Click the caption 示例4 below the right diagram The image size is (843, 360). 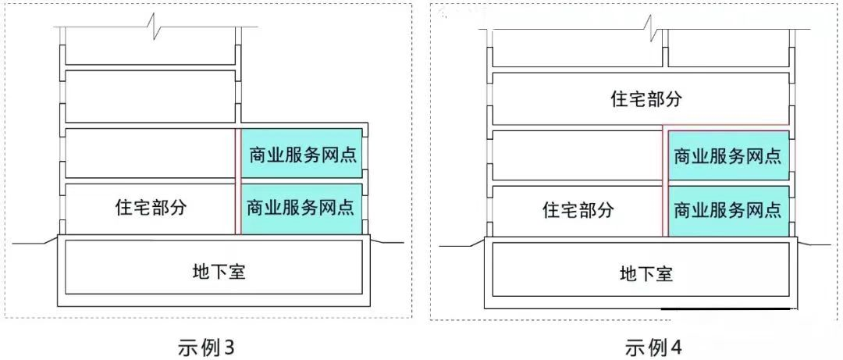[653, 347]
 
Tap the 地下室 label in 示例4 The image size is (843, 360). [646, 273]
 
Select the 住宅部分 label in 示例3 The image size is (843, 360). [151, 208]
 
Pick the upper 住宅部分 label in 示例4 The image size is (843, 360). [646, 98]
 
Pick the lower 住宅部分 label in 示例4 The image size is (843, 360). [578, 209]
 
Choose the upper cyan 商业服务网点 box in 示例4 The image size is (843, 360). [727, 155]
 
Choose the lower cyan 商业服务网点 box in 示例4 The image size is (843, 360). [727, 209]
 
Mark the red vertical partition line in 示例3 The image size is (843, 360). [237, 180]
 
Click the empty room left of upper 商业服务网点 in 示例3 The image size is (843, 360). [151, 154]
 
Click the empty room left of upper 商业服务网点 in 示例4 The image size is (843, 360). [578, 155]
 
